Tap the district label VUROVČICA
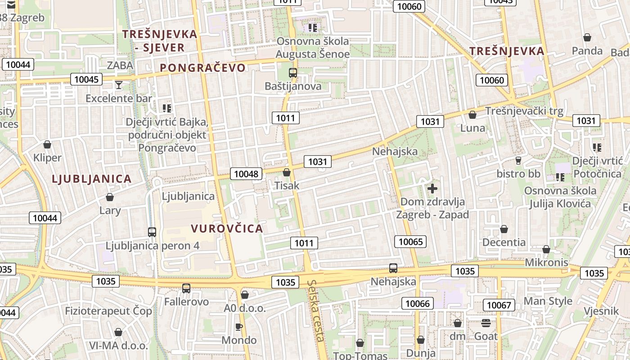(227, 229)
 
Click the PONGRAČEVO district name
(203, 68)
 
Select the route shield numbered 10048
(246, 174)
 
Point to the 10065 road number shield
(411, 242)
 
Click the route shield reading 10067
(499, 305)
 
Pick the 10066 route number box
(417, 303)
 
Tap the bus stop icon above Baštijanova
(293, 72)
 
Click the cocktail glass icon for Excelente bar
(118, 85)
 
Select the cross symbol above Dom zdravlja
(432, 189)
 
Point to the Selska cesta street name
(317, 310)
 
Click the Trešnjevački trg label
(524, 111)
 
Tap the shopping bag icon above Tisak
(287, 172)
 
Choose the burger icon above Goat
(486, 323)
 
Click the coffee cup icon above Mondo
(239, 327)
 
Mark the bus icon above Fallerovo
(186, 288)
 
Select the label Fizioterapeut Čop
(108, 311)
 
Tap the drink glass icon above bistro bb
(518, 161)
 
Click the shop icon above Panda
(587, 37)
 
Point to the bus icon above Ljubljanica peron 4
(152, 232)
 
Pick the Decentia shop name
(504, 243)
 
